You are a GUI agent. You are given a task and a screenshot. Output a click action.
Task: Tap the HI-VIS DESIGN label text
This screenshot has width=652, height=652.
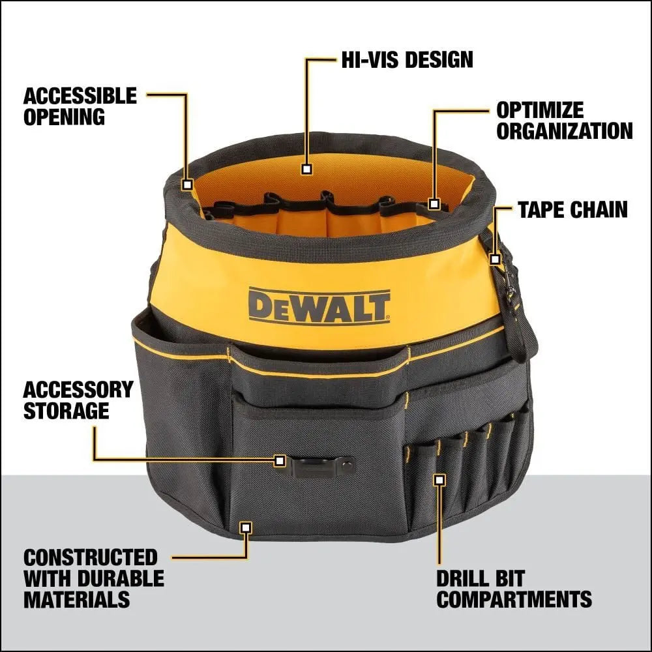click(x=407, y=60)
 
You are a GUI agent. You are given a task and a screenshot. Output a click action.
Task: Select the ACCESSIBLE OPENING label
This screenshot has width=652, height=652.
click(x=80, y=106)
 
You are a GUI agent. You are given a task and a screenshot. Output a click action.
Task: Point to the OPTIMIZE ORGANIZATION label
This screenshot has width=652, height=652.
click(x=564, y=120)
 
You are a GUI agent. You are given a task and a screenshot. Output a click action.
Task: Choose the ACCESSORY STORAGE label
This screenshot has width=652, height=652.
click(x=78, y=400)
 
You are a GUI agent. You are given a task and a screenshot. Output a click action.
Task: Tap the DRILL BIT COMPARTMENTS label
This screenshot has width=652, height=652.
click(x=514, y=589)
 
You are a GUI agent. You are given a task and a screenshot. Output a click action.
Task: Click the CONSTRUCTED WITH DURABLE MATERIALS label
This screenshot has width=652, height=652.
click(x=93, y=578)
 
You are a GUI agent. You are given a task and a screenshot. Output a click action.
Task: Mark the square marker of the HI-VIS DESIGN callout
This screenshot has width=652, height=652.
click(x=306, y=169)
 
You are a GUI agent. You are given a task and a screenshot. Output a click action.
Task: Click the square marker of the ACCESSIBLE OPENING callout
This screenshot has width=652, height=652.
click(x=187, y=185)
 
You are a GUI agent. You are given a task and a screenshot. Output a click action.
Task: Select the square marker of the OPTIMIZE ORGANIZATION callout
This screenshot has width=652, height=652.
click(x=434, y=204)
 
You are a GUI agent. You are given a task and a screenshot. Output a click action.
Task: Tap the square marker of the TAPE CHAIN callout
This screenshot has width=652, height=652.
click(x=495, y=259)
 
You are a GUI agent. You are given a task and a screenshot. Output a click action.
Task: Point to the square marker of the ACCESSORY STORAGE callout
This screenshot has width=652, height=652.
click(x=280, y=460)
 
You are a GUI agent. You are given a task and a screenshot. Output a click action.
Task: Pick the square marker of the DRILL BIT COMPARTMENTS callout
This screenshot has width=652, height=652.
click(x=439, y=480)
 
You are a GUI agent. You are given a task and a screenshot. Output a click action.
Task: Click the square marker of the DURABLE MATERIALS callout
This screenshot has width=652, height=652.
click(x=246, y=527)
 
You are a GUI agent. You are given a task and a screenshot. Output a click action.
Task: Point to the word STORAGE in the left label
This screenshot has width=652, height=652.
click(x=66, y=411)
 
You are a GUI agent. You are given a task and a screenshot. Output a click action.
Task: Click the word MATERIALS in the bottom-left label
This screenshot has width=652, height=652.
click(x=76, y=599)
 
